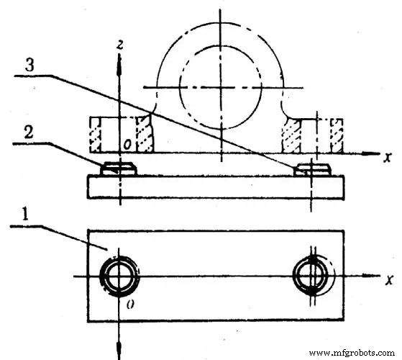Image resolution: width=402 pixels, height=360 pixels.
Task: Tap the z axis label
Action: (x=123, y=45)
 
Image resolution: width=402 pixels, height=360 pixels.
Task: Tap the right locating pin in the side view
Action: (x=311, y=169)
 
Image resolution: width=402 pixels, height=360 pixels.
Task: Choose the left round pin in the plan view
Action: (x=119, y=276)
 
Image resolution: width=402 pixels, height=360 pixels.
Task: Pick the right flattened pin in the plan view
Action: (x=312, y=276)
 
